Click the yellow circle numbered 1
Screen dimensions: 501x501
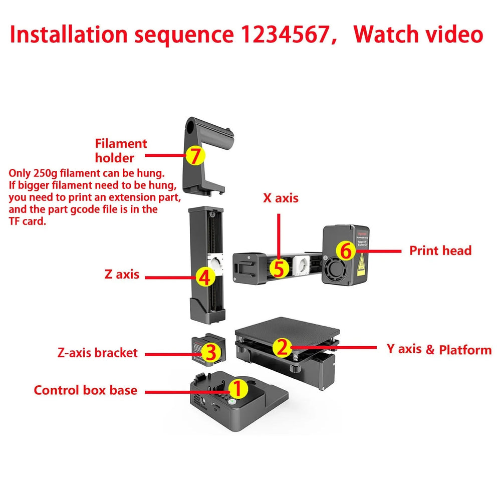click(x=238, y=388)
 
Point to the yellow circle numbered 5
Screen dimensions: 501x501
click(x=279, y=268)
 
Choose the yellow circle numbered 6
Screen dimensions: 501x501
click(x=346, y=250)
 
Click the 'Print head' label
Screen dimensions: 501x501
click(x=440, y=250)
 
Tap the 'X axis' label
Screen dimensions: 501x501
click(x=281, y=198)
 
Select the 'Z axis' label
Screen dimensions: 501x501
click(x=122, y=275)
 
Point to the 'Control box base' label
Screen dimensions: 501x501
click(x=85, y=390)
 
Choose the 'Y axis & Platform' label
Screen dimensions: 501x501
click(x=439, y=349)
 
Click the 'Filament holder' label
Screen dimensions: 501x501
click(x=121, y=150)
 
